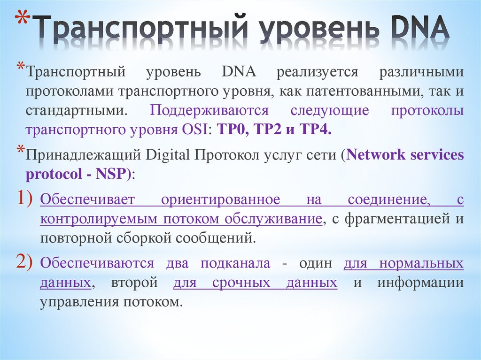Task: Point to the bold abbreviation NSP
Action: pos(111,174)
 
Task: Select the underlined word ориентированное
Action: pos(221,199)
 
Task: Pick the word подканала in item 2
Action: pos(235,263)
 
